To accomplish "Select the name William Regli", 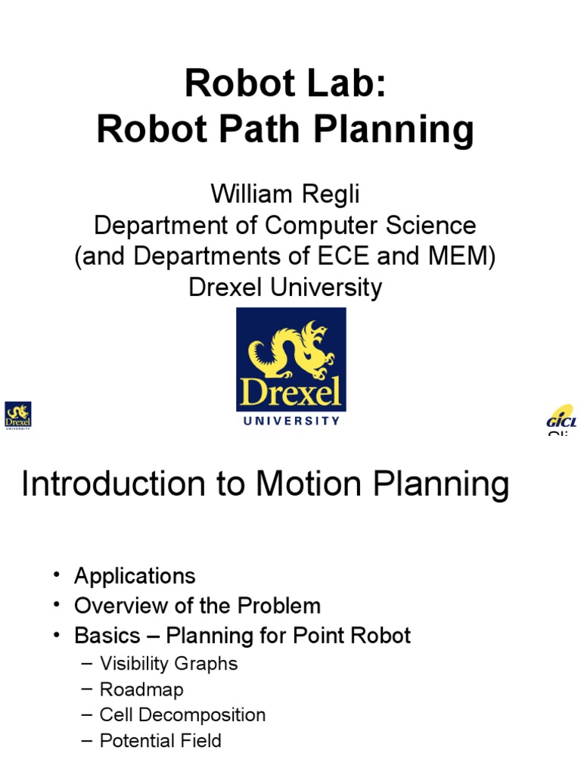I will [x=285, y=195].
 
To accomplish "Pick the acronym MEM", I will [x=464, y=257].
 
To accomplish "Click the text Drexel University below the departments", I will [x=285, y=288].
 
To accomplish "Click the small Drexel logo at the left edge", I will [x=18, y=416].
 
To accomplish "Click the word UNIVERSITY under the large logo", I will [x=291, y=421].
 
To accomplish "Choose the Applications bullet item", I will [x=135, y=576].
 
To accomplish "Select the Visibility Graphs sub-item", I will [x=169, y=664].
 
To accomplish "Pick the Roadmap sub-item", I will [x=141, y=689].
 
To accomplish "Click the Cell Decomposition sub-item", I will [x=182, y=715].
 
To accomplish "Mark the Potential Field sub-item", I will [x=160, y=741].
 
